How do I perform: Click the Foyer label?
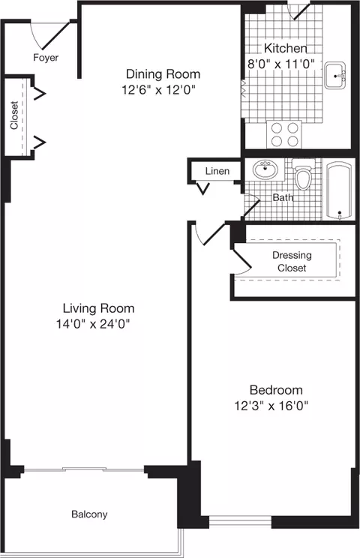coord(46,57)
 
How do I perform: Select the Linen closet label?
coord(217,172)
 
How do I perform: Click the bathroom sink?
coord(264,170)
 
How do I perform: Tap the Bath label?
coord(283,198)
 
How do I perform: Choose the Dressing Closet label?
coord(292,261)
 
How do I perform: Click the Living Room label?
coord(98,308)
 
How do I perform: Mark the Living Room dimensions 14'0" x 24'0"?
coord(98,324)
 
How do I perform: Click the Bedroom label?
coord(276,390)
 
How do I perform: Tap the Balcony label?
coord(89,514)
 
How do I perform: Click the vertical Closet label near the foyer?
coord(14,115)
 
